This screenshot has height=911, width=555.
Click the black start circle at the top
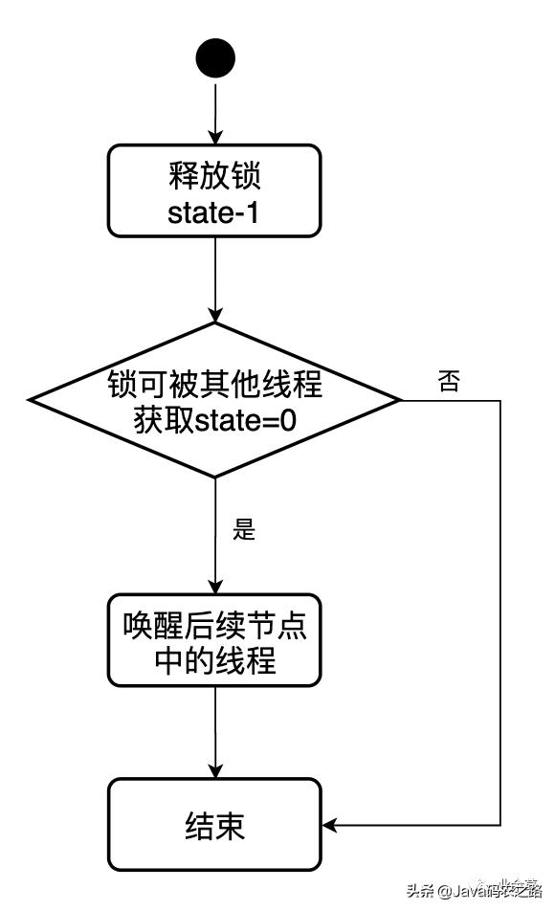(x=215, y=58)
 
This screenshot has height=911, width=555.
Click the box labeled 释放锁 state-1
(x=214, y=190)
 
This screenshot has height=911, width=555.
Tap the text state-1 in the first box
(x=214, y=212)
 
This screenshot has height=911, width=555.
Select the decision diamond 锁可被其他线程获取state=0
(x=214, y=399)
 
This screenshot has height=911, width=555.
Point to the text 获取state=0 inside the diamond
(x=214, y=418)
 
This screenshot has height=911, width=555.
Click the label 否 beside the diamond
(x=449, y=382)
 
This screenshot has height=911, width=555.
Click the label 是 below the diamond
(x=245, y=529)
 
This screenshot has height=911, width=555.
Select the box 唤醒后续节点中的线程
(x=214, y=640)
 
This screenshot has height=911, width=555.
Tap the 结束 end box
(x=214, y=824)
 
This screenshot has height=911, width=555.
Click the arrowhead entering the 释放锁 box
(x=215, y=137)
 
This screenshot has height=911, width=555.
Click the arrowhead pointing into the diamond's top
(x=215, y=315)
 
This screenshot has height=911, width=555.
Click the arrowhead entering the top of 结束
(x=215, y=771)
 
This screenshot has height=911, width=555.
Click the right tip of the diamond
(x=401, y=399)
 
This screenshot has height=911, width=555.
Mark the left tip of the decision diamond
(x=29, y=399)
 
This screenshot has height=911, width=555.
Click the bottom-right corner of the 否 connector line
(x=500, y=824)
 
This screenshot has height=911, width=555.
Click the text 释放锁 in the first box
(x=214, y=177)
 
